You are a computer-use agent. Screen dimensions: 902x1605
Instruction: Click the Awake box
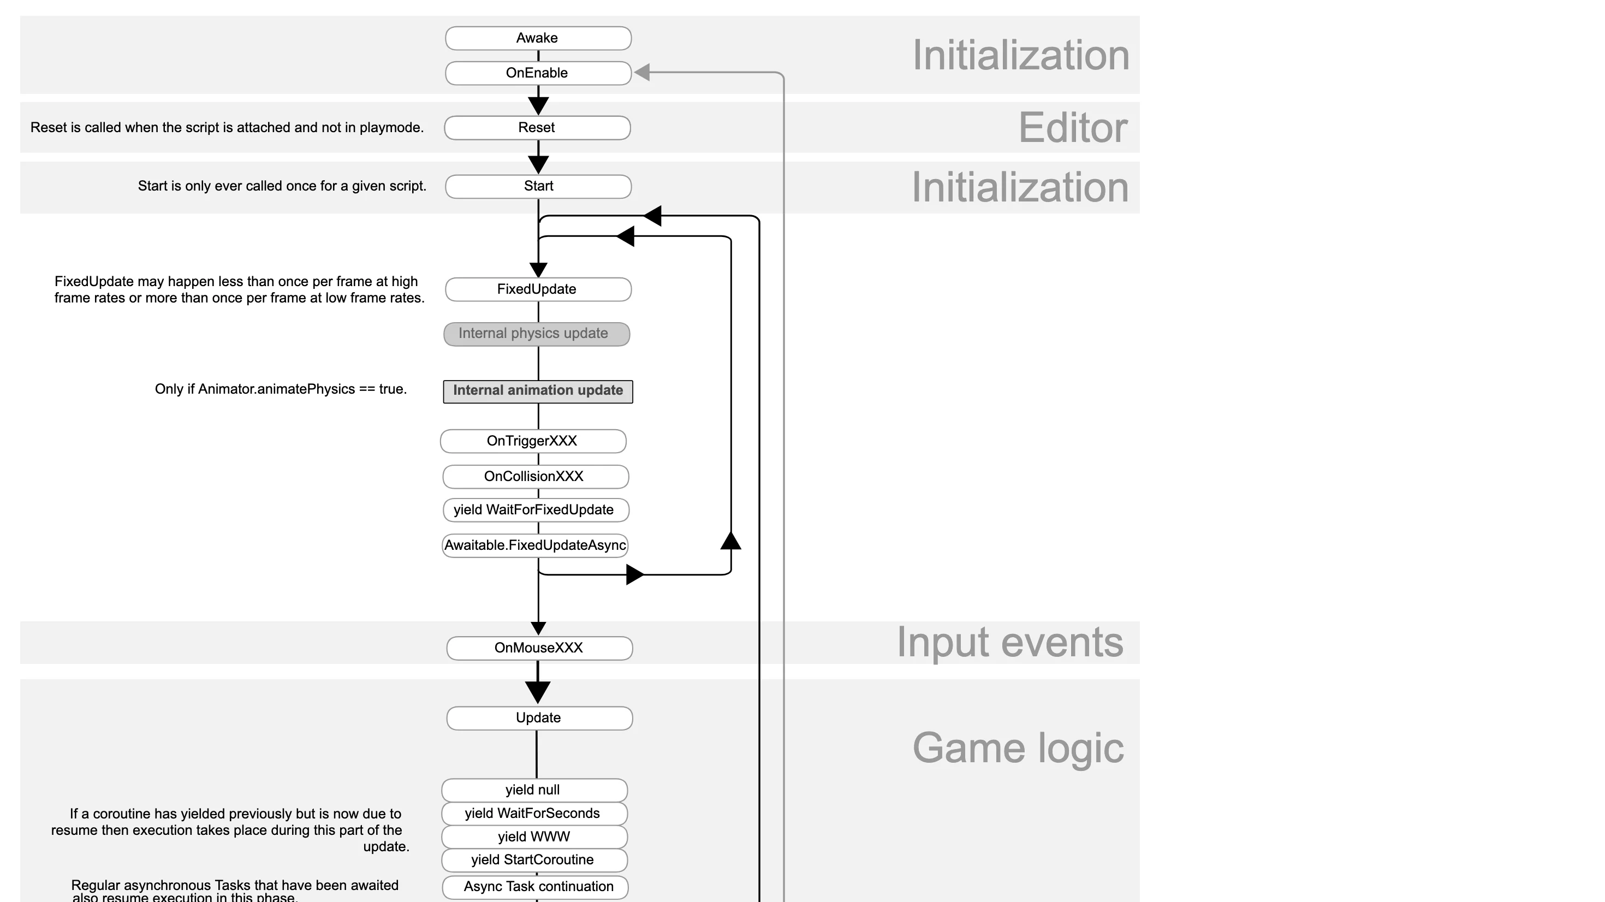click(538, 38)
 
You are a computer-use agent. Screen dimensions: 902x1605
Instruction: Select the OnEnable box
click(538, 73)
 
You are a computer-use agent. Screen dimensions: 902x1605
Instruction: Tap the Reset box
click(537, 128)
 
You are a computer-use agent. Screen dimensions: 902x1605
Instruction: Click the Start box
click(538, 186)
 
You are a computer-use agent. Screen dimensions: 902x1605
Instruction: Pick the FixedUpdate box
click(538, 289)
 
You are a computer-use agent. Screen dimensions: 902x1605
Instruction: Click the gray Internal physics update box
click(536, 334)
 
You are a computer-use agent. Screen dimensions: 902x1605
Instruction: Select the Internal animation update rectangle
click(538, 391)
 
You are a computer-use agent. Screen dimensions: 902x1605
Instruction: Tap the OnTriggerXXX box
click(533, 441)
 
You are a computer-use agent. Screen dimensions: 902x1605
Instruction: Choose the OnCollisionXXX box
click(535, 477)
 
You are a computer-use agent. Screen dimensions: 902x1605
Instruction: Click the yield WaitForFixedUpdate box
click(535, 510)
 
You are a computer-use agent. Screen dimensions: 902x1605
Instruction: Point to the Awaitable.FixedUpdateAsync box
click(534, 545)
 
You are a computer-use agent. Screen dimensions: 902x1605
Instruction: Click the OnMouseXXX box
click(539, 648)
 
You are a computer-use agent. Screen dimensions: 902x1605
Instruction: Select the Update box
click(539, 718)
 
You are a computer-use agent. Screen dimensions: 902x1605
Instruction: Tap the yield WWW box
click(534, 837)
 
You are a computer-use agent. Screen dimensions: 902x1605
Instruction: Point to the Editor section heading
click(1072, 128)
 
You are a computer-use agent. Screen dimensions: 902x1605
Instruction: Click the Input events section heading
click(1009, 642)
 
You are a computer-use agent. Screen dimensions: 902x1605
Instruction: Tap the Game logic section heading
click(1018, 748)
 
